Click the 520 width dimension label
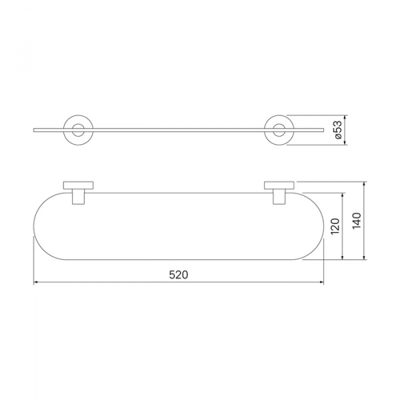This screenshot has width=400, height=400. [x=179, y=275]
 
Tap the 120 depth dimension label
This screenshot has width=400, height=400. [x=335, y=226]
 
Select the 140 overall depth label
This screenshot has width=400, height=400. [x=357, y=221]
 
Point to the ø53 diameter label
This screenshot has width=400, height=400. [x=337, y=130]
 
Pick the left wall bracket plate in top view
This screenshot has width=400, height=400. [x=78, y=185]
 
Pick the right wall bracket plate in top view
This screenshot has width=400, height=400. [x=279, y=185]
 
